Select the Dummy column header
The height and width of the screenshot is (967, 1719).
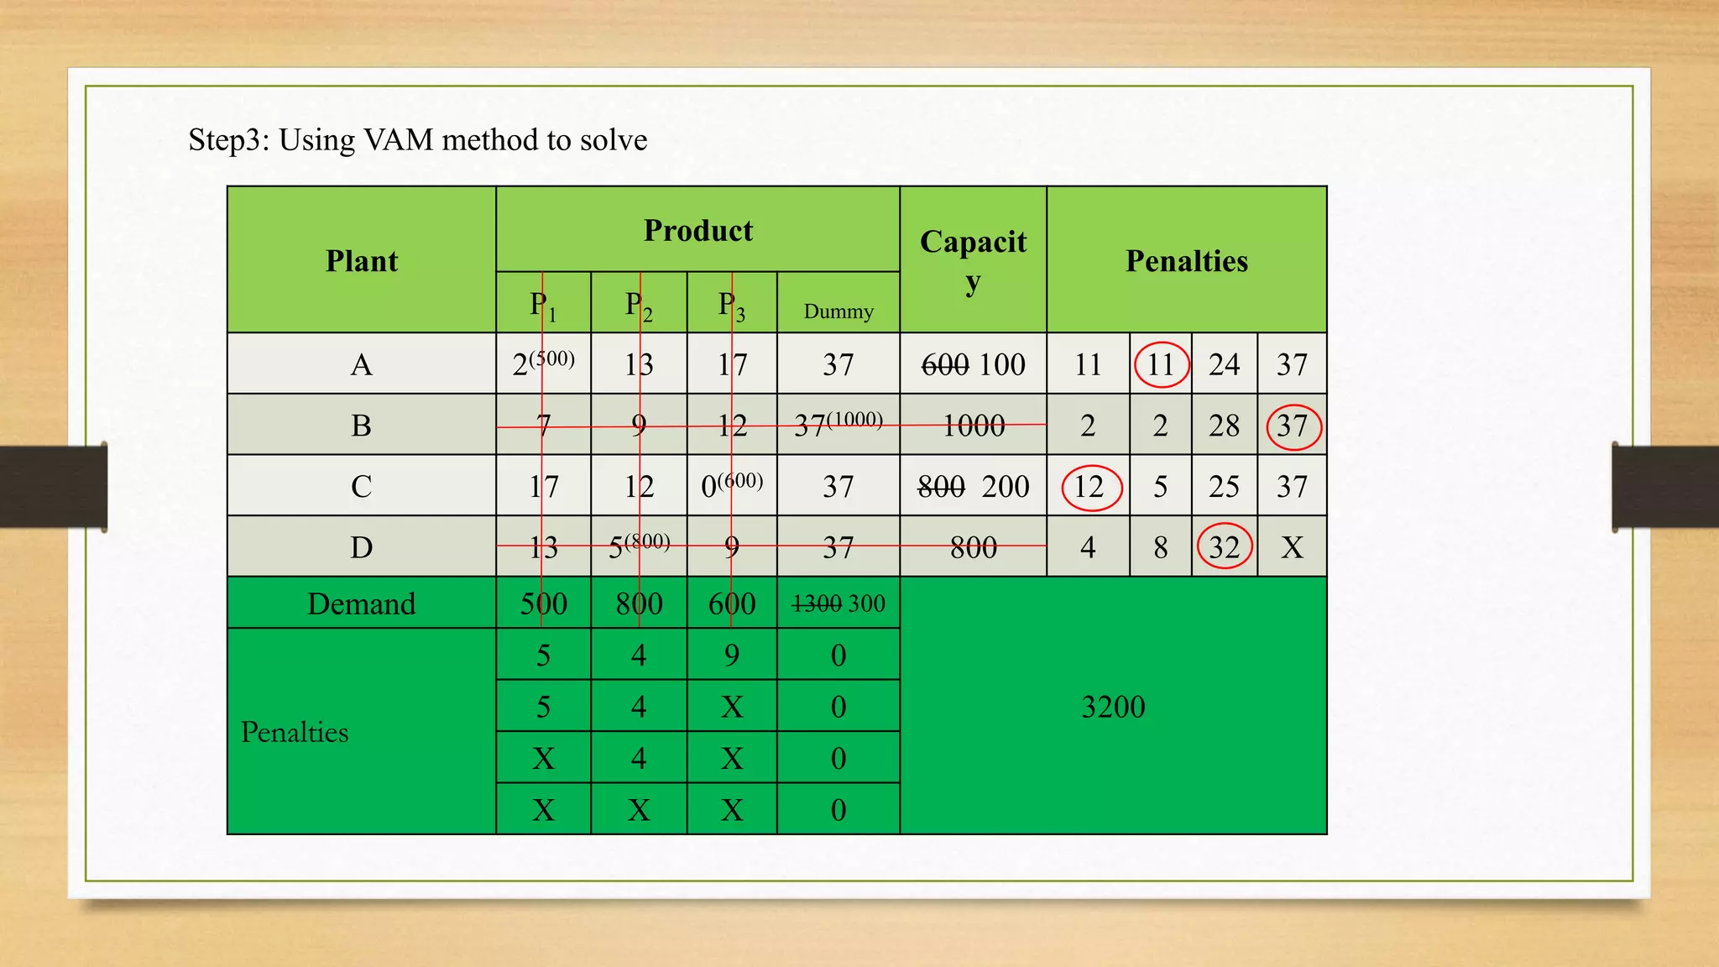(839, 311)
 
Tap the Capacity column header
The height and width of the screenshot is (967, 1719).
(973, 260)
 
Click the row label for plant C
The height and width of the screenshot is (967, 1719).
(361, 486)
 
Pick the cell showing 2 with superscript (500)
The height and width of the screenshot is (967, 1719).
(543, 363)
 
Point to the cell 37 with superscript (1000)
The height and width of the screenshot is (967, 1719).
(838, 425)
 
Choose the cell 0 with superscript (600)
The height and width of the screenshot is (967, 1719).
(731, 485)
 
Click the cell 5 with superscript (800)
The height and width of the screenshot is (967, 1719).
(639, 546)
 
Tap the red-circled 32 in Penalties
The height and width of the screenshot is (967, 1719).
(1224, 547)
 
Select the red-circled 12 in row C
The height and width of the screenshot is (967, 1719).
(1089, 487)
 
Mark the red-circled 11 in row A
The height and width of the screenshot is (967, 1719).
(1160, 364)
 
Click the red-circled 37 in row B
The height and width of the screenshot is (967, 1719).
(1293, 426)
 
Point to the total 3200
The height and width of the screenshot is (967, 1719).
(1112, 707)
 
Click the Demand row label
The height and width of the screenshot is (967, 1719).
(361, 604)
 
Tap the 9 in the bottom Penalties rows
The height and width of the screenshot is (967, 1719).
(731, 655)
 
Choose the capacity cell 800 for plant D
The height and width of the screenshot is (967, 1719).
(973, 547)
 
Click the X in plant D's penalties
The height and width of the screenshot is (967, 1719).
(1292, 547)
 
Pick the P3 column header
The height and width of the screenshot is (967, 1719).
(731, 304)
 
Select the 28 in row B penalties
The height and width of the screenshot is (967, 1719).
(1224, 426)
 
